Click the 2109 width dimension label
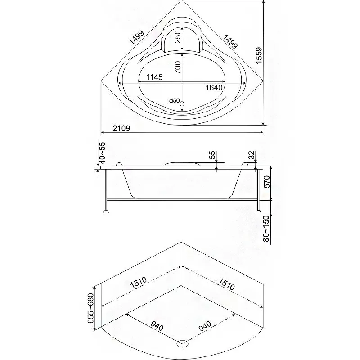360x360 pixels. pos(121,128)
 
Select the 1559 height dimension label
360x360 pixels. pos(259,55)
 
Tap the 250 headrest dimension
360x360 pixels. pos(178,36)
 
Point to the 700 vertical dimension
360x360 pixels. pos(178,67)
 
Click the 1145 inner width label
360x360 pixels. pos(154,77)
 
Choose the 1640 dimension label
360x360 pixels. pos(214,87)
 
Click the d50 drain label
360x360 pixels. pos(174,100)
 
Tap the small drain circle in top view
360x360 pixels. pos(182,104)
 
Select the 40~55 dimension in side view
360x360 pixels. pos(102,153)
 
